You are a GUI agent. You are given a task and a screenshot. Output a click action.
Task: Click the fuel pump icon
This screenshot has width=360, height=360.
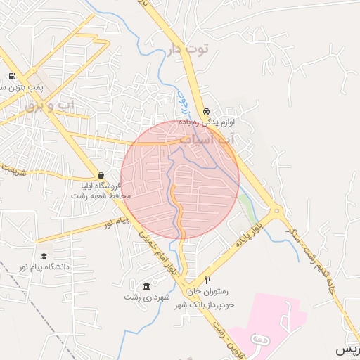tap(12, 77)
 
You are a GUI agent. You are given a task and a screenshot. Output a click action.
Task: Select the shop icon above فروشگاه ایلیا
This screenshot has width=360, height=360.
tap(101, 176)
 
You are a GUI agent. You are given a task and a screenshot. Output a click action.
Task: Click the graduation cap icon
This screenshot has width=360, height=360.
tap(44, 257)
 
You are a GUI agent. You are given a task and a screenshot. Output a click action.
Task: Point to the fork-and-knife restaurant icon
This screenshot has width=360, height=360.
tap(207, 280)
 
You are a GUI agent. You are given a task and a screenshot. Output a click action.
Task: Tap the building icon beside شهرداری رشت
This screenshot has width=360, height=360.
tap(146, 287)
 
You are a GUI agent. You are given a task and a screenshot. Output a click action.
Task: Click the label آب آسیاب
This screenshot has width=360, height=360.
tap(208, 140)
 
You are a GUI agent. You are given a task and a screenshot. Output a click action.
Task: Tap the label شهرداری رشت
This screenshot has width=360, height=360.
tap(148, 297)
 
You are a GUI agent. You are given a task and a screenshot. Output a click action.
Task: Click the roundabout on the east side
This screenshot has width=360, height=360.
tap(276, 210)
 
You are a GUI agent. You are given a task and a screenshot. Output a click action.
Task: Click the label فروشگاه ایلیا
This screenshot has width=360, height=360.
tap(102, 186)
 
